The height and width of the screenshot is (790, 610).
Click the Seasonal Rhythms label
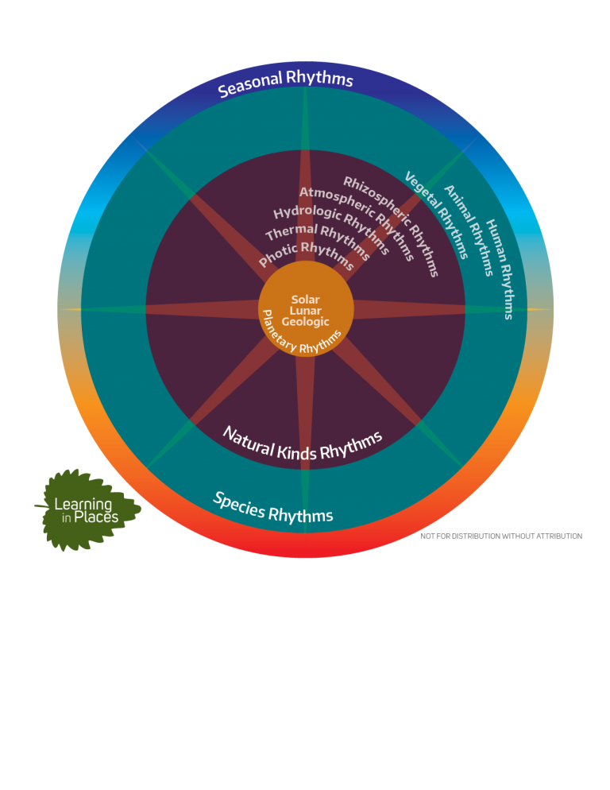286,80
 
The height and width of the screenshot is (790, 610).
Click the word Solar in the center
305,300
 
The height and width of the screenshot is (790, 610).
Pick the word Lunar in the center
305,310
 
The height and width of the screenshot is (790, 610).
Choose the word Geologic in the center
305,321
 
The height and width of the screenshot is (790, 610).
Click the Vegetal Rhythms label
437,214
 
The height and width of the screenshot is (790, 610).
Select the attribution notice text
501,536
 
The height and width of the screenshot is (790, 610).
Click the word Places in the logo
96,517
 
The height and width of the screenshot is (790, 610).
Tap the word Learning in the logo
83,505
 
